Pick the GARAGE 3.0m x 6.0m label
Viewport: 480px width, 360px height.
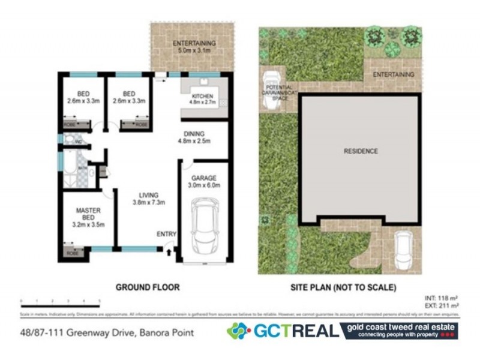[202, 182]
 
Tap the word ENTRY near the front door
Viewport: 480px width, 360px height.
[166, 233]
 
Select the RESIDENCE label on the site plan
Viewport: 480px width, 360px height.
[361, 151]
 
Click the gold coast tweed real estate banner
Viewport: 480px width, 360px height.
[398, 331]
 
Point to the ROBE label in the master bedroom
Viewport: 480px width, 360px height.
[72, 254]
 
